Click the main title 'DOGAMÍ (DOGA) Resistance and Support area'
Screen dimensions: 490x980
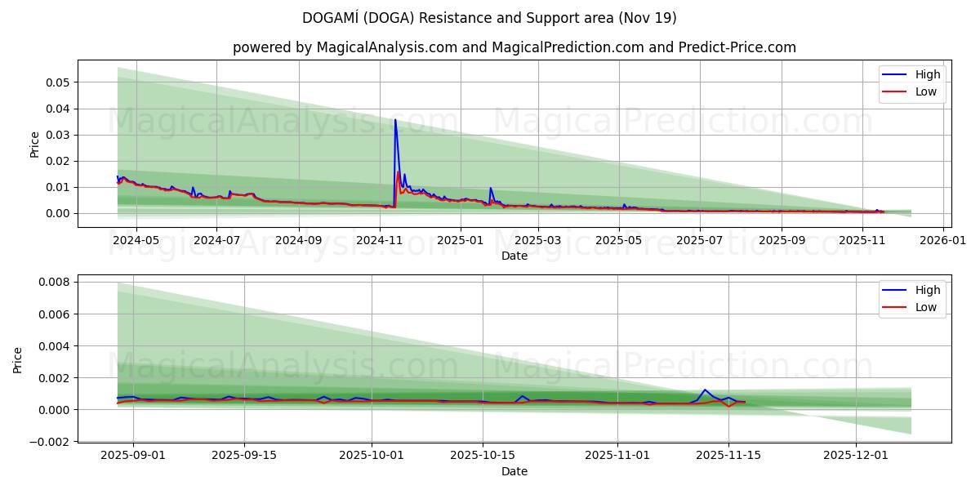[489, 18]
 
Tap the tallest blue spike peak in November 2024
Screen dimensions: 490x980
[395, 120]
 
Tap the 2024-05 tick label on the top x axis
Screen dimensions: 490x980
[136, 240]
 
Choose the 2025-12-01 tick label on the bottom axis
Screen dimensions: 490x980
[855, 456]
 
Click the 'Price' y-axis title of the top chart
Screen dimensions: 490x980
[34, 144]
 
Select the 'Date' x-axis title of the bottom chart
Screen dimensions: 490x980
[514, 471]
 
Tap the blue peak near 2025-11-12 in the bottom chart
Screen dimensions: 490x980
[705, 390]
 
